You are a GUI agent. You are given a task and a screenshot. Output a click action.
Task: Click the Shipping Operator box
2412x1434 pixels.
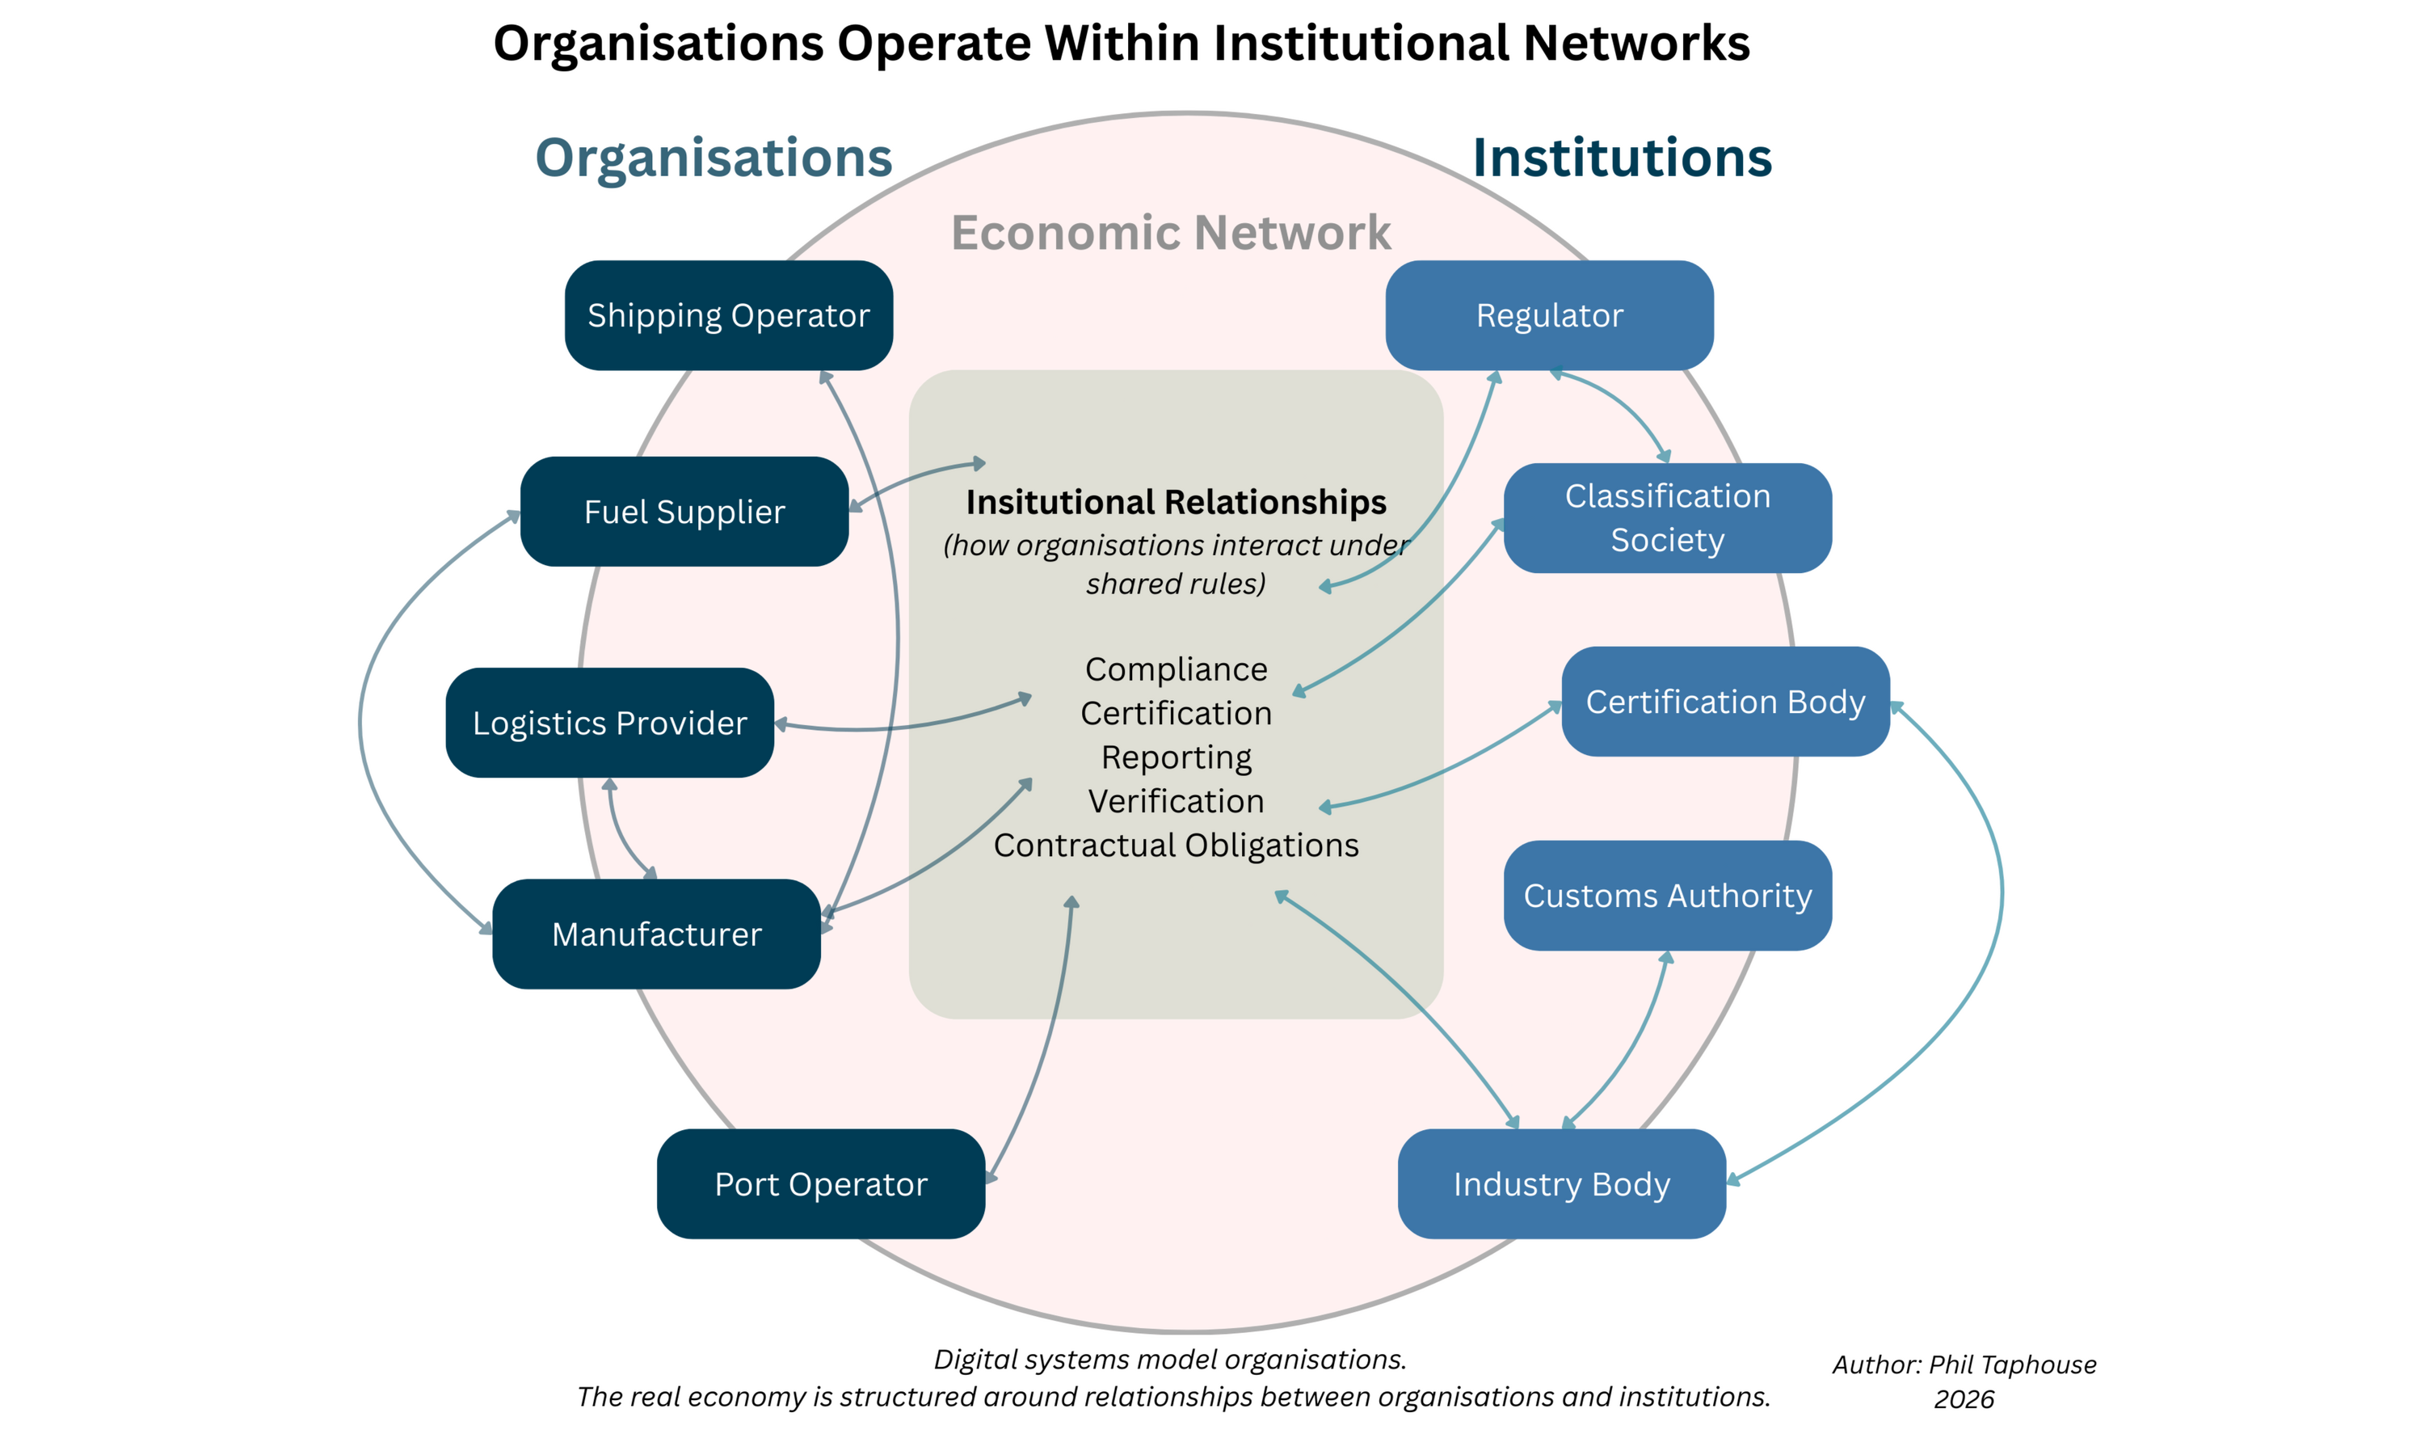tap(727, 316)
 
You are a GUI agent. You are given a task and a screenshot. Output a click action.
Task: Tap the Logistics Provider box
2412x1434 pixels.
tap(608, 723)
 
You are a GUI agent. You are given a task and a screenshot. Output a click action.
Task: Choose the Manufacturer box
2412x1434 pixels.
tap(656, 934)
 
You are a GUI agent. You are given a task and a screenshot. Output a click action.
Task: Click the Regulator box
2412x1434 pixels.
tap(1549, 316)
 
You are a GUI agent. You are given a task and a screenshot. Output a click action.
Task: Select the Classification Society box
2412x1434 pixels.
tap(1669, 518)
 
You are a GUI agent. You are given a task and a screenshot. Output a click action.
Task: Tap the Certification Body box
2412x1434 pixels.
tap(1725, 702)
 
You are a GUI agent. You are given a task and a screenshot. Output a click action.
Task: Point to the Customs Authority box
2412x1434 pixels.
tap(1669, 896)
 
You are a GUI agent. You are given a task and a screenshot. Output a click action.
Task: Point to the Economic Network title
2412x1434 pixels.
tap(1171, 233)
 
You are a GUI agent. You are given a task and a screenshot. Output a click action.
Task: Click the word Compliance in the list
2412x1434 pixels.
tap(1176, 669)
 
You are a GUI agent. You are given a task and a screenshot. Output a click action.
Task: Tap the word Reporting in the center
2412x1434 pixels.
tap(1176, 757)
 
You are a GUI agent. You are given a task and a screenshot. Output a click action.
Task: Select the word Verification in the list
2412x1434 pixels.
tap(1176, 801)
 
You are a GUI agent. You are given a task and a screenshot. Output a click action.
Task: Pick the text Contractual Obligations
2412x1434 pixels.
tap(1176, 846)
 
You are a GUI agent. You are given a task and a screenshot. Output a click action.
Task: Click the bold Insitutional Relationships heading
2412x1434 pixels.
tap(1176, 503)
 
